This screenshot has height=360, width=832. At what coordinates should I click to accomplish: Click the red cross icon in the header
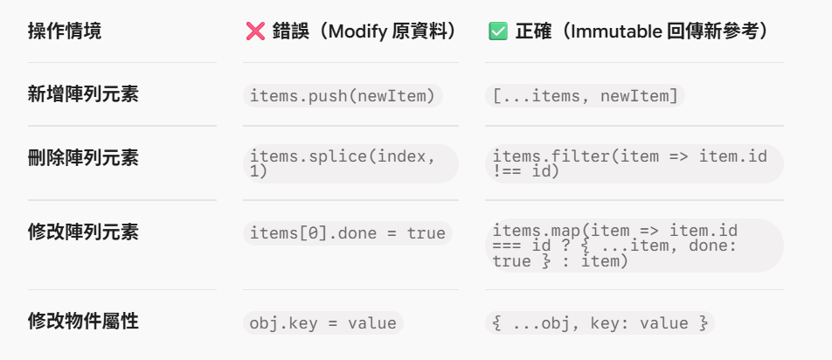(x=255, y=31)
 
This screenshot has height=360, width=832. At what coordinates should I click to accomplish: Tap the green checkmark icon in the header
(x=498, y=31)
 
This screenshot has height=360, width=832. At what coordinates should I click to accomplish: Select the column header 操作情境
(x=64, y=31)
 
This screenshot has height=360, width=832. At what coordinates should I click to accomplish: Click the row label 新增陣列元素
(x=83, y=95)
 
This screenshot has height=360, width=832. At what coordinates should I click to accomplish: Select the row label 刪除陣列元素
(x=83, y=158)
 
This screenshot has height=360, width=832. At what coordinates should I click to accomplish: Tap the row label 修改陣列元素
(x=83, y=232)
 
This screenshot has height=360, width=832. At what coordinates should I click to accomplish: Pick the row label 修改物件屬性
(x=83, y=322)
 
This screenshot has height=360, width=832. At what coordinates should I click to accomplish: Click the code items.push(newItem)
(x=343, y=96)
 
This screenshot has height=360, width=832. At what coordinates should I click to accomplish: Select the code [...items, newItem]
(x=585, y=96)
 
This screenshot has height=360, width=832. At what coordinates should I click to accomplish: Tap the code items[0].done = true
(x=348, y=233)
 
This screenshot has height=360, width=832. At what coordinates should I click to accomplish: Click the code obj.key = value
(x=323, y=323)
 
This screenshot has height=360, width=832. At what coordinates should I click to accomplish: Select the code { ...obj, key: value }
(x=600, y=323)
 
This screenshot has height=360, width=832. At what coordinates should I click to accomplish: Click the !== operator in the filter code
(x=504, y=172)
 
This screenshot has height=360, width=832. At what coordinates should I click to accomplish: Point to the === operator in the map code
(x=504, y=246)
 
